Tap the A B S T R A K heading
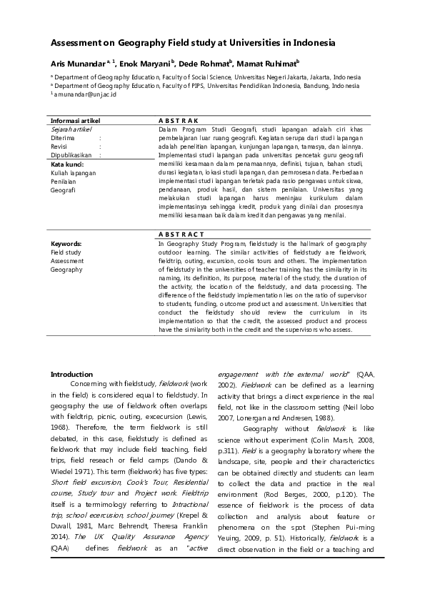point(178,121)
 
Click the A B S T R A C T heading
point(181,235)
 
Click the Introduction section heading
point(71,374)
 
